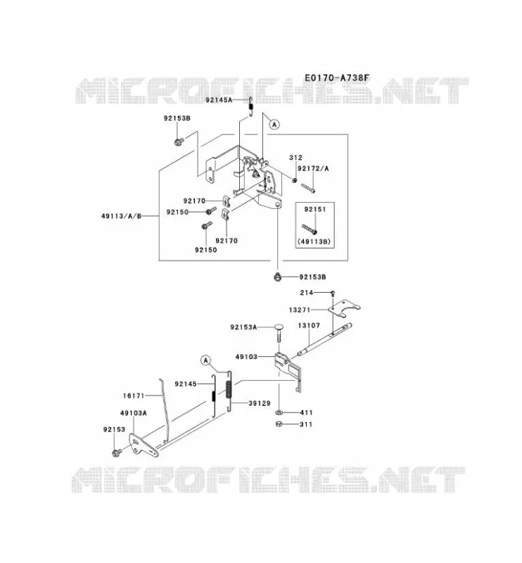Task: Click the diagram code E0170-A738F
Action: pos(337,78)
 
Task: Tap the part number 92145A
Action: pos(219,100)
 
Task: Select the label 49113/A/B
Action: pos(121,216)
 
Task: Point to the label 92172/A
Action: pos(313,168)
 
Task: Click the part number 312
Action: pos(295,157)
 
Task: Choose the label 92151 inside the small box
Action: pos(315,209)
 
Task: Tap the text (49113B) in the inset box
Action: pos(314,241)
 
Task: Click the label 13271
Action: pos(300,310)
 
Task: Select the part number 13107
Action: pos(309,325)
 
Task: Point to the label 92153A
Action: pos(243,327)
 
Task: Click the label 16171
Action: pos(134,396)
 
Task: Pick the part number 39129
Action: pos(259,403)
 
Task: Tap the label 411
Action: pos(306,412)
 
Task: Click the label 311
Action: pos(306,424)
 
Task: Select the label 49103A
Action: pos(133,413)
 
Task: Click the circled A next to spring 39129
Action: pos(205,360)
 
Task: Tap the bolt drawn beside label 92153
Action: pos(116,453)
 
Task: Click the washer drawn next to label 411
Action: pos(279,412)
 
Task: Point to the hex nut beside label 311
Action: pos(279,424)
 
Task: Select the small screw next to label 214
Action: pos(333,293)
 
